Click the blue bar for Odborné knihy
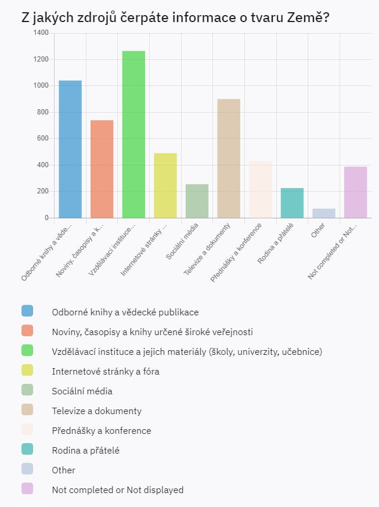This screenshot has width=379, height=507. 70,149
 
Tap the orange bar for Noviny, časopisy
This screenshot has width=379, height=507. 102,169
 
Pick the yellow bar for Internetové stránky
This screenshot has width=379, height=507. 165,186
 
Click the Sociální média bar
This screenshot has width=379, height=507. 197,201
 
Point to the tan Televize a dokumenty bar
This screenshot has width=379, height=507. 229,159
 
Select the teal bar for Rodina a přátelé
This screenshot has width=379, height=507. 292,203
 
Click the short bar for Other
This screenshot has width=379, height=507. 324,213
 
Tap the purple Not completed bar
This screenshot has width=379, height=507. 355,192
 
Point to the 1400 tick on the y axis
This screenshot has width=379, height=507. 41,33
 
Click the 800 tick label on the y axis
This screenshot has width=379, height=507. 42,112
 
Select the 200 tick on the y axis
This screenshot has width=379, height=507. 42,192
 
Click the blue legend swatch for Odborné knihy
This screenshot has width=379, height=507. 27,311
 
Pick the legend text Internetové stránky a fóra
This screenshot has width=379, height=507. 105,371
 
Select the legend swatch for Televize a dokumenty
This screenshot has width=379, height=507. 27,409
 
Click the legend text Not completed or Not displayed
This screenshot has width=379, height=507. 117,490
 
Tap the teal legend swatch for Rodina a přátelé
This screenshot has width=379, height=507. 27,449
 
